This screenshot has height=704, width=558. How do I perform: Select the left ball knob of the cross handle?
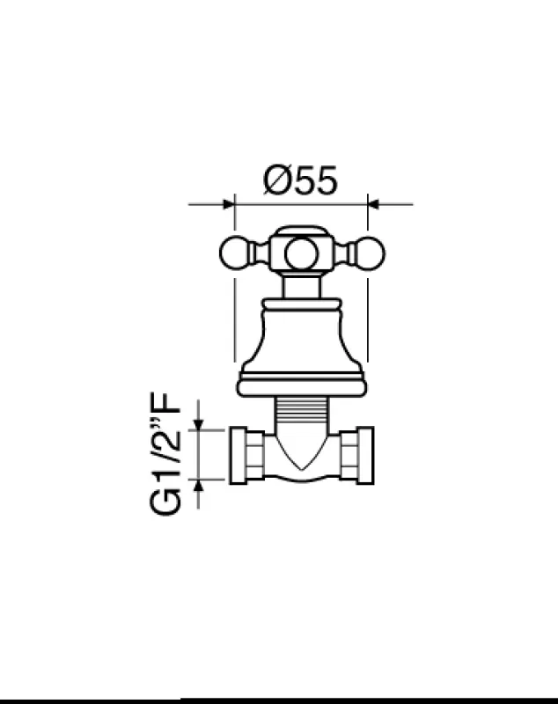click(x=234, y=253)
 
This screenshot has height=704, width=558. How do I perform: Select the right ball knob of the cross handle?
click(x=369, y=253)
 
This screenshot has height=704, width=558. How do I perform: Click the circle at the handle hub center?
click(x=301, y=253)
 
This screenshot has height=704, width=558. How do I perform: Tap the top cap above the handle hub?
click(x=301, y=232)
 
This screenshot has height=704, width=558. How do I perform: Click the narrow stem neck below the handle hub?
click(x=301, y=284)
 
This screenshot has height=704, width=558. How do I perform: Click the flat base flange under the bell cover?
click(x=301, y=385)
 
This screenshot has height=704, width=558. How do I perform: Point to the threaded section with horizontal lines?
click(x=301, y=412)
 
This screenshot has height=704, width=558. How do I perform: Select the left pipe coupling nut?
click(x=243, y=455)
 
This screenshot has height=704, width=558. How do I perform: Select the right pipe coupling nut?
click(x=360, y=455)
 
